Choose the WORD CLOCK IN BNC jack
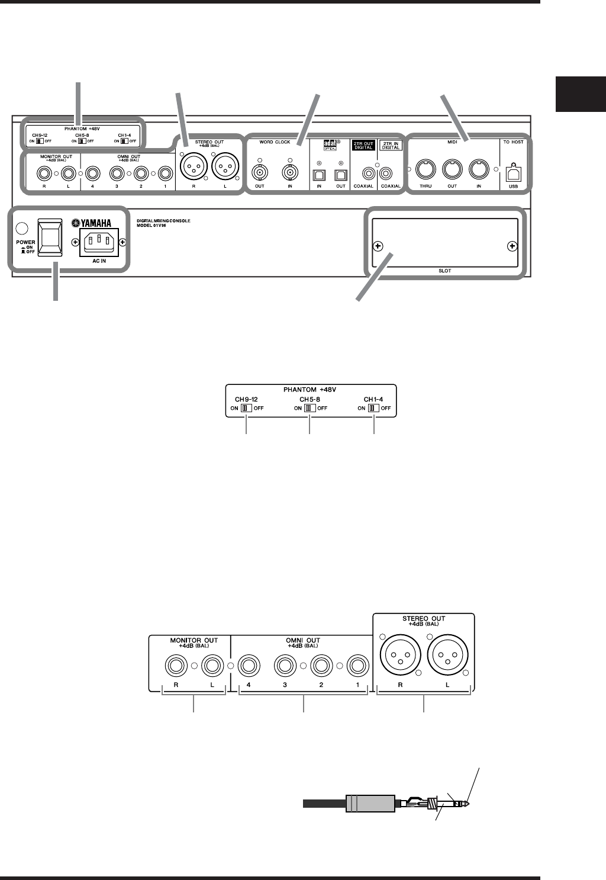[289, 174]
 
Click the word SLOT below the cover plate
[445, 269]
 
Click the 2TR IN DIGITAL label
[391, 146]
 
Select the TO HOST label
[513, 142]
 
